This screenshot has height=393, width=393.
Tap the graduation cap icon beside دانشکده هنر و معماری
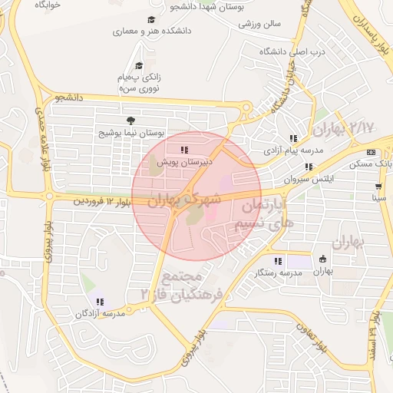(151, 21)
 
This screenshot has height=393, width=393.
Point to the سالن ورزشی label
(259, 24)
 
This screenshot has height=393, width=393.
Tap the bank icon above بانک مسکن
(371, 152)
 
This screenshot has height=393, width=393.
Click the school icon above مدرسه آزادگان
(101, 302)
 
